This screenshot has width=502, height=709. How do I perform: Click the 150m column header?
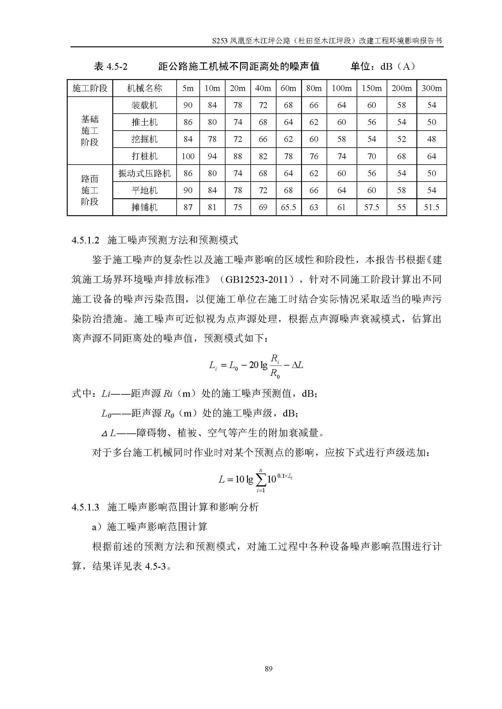point(371,88)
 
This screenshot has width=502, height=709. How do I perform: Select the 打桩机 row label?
point(144,156)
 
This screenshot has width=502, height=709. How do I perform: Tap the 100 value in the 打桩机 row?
point(188,156)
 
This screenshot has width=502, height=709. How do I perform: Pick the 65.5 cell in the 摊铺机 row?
point(288,207)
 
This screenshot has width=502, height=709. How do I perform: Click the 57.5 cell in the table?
point(371,207)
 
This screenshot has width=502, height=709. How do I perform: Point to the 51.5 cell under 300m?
point(431,207)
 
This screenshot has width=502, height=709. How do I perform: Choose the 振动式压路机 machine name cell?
point(144,173)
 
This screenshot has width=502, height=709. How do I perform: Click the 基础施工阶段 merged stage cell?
point(90,131)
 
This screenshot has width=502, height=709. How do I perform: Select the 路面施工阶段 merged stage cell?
point(90,190)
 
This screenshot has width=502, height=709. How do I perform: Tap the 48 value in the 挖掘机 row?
point(431,139)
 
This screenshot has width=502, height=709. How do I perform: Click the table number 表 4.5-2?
point(111,66)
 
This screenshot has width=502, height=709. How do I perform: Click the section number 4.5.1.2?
point(85,240)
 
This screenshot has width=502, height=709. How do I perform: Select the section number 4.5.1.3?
point(85,507)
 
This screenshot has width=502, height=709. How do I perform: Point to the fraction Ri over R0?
point(275,366)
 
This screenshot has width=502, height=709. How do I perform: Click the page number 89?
point(268,669)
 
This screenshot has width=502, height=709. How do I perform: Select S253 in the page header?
point(220,41)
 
